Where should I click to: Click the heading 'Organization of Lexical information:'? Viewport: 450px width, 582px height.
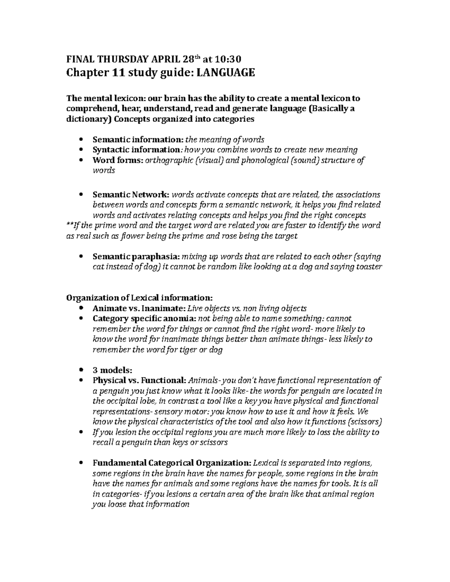pos(139,298)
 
